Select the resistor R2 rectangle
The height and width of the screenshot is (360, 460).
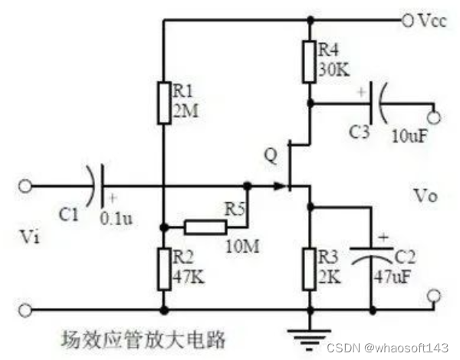(163, 268)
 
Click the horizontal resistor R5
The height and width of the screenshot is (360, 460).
(206, 227)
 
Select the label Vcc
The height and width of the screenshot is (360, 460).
(432, 20)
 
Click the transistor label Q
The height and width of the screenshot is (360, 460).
(268, 155)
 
